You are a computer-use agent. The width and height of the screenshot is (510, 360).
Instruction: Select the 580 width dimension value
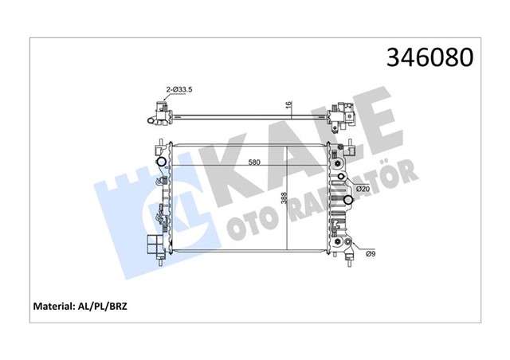coord(253,163)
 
